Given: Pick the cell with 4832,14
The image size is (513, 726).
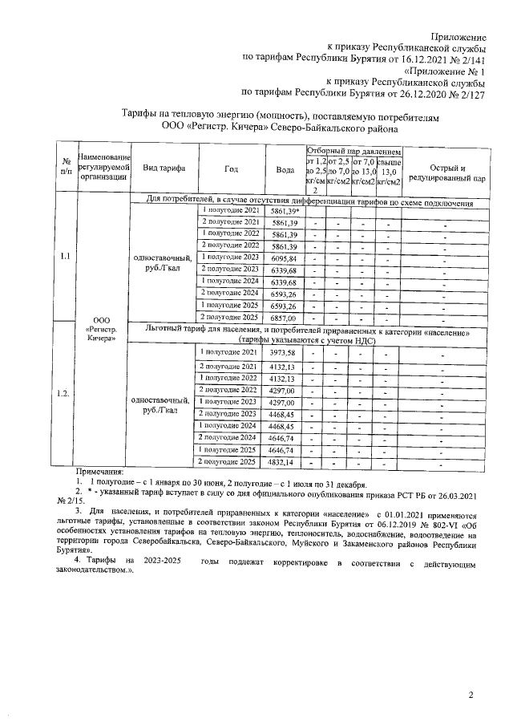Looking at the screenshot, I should tap(285, 463).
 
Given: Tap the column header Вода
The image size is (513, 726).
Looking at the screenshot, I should tap(285, 169).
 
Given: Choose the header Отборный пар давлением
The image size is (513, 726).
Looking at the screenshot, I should tap(352, 151).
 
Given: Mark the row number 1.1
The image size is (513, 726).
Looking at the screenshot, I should tap(64, 257).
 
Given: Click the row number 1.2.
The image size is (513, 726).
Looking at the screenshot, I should tap(64, 394).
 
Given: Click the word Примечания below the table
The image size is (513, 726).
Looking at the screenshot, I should tap(100, 474).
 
